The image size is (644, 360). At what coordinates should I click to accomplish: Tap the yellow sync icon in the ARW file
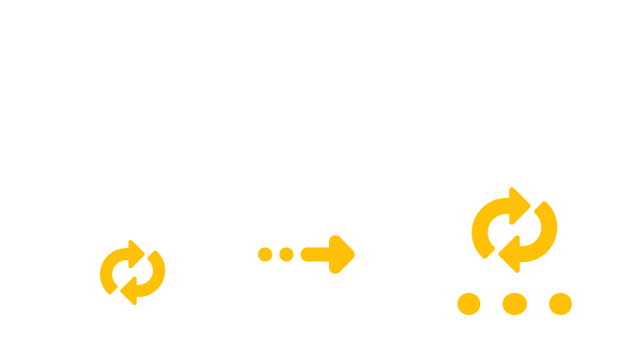coord(514,230)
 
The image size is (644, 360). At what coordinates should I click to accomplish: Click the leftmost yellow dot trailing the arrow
coord(264,254)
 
